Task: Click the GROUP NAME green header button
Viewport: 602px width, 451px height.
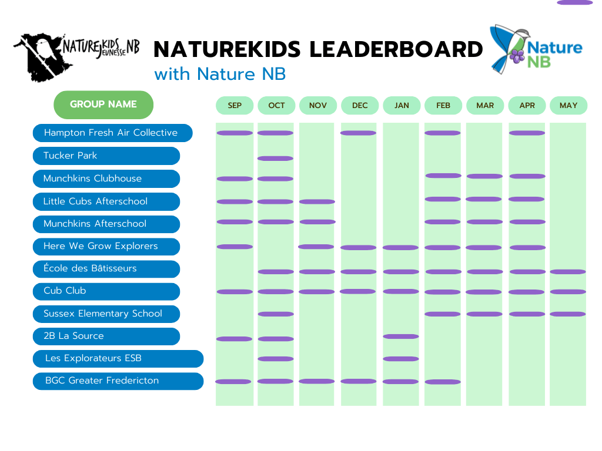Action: click(103, 105)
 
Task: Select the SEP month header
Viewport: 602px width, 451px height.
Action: click(235, 106)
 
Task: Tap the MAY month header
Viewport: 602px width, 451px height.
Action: click(568, 106)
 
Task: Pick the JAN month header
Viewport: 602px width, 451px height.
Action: click(402, 106)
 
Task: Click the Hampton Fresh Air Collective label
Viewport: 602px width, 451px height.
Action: click(112, 133)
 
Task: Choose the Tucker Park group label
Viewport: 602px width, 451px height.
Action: click(106, 156)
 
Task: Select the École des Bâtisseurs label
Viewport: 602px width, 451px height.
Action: click(106, 269)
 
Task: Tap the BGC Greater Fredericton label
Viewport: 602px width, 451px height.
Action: click(118, 381)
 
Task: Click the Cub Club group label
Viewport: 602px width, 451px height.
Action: click(106, 291)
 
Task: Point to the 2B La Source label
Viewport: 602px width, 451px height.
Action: click(106, 336)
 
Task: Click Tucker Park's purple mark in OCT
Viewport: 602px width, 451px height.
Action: click(275, 159)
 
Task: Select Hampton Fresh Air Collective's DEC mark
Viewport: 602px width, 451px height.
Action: click(358, 133)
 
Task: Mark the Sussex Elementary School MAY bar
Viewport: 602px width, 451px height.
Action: click(568, 314)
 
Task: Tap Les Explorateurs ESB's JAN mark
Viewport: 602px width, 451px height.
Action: click(401, 359)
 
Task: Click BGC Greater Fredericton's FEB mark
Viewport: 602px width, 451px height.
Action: click(443, 382)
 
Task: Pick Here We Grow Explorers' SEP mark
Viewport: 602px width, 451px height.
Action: click(235, 247)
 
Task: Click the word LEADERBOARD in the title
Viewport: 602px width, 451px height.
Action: click(396, 49)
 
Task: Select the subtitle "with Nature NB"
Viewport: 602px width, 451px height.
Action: click(220, 74)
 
